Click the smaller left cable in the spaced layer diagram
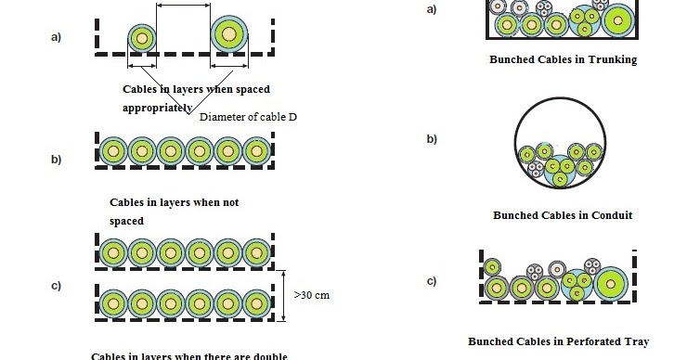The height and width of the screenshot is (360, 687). [141, 37]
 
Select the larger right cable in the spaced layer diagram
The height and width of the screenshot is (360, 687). [228, 34]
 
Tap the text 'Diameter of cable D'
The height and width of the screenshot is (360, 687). [248, 117]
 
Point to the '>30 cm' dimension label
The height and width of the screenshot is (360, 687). [312, 295]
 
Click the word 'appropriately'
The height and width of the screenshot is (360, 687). [157, 108]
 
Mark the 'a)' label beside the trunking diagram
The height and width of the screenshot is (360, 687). [431, 9]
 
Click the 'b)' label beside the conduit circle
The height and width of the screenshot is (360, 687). [431, 139]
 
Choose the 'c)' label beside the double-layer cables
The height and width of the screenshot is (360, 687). [57, 286]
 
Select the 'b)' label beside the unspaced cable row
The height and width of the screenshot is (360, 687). [57, 160]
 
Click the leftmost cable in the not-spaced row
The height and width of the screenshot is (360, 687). [113, 149]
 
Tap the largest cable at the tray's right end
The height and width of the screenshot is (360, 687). [612, 283]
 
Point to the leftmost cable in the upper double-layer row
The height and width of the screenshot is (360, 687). [113, 251]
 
